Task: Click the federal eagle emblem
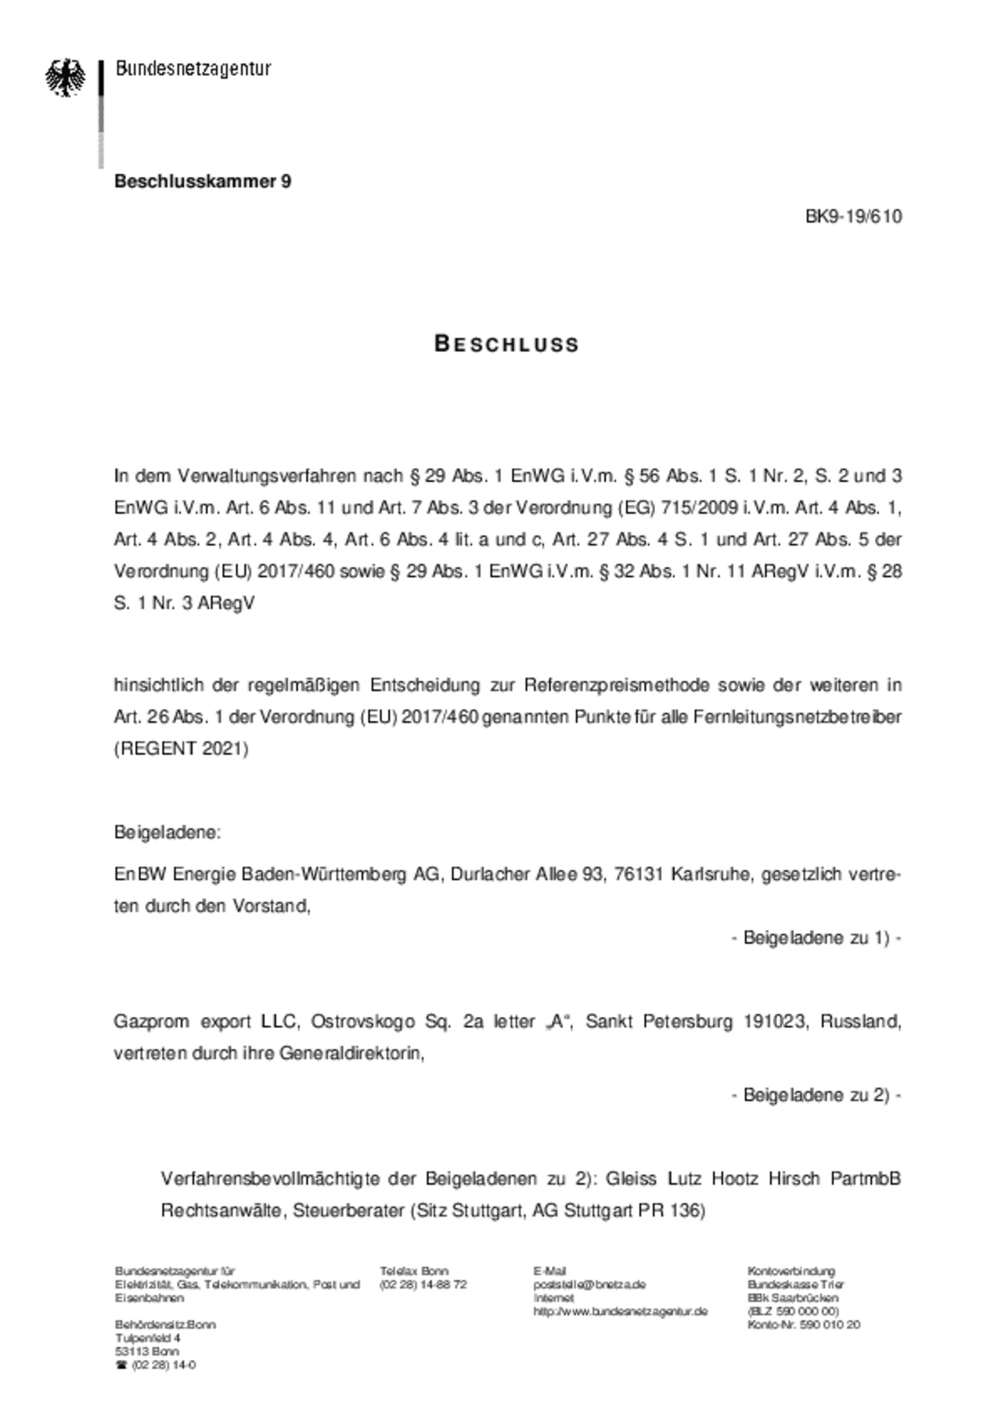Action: (66, 77)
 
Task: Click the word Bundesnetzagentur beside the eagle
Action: (193, 68)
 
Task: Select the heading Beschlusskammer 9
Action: (203, 181)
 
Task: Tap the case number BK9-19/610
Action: (854, 216)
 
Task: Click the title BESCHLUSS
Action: (506, 344)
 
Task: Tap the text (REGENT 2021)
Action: (181, 748)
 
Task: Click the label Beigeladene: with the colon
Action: (167, 832)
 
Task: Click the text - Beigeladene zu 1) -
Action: (816, 937)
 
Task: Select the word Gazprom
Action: (148, 1021)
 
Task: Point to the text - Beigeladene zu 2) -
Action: (816, 1094)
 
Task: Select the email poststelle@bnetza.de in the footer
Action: (589, 1284)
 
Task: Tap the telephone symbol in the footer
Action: (121, 1365)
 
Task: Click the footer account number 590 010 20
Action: (830, 1325)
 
